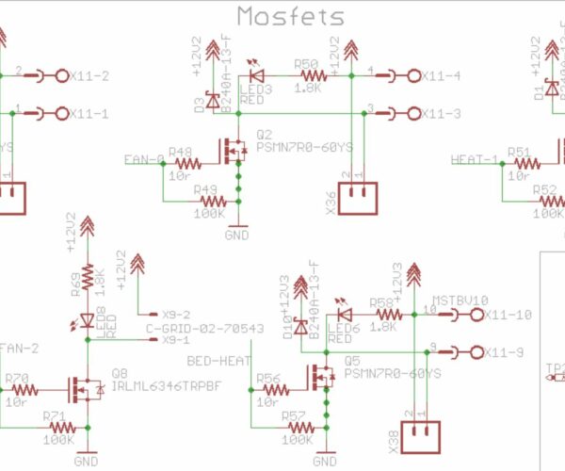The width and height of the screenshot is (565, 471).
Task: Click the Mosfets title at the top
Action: (290, 16)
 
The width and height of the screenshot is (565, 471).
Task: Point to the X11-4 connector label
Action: (441, 76)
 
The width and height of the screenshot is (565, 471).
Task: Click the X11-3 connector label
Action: (441, 114)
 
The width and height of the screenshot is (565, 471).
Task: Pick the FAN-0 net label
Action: (143, 160)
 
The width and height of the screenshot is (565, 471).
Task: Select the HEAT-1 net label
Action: (474, 159)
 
